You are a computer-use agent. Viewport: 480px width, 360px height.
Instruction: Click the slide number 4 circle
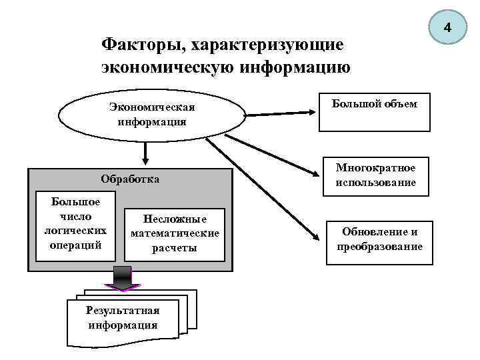447,28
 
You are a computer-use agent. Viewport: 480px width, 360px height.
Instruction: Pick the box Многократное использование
375,175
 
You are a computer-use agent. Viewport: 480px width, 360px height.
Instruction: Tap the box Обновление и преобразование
379,239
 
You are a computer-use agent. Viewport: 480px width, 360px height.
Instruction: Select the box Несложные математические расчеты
175,234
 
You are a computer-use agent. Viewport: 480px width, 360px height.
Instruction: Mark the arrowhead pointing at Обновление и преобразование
313,235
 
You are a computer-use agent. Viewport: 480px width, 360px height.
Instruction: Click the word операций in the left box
75,245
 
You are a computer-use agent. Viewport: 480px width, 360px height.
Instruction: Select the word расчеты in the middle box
175,248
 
